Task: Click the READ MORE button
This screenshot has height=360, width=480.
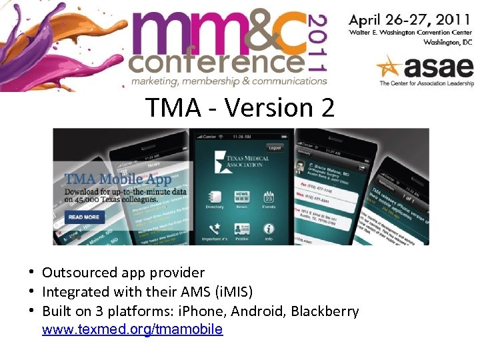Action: click(84, 217)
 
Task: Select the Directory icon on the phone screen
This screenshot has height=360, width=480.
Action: click(215, 200)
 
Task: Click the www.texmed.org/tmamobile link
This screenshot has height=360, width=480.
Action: click(132, 329)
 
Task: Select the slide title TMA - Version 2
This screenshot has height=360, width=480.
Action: click(240, 107)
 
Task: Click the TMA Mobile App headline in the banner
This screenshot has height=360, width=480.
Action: click(119, 179)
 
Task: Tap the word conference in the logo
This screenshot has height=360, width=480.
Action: click(216, 63)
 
